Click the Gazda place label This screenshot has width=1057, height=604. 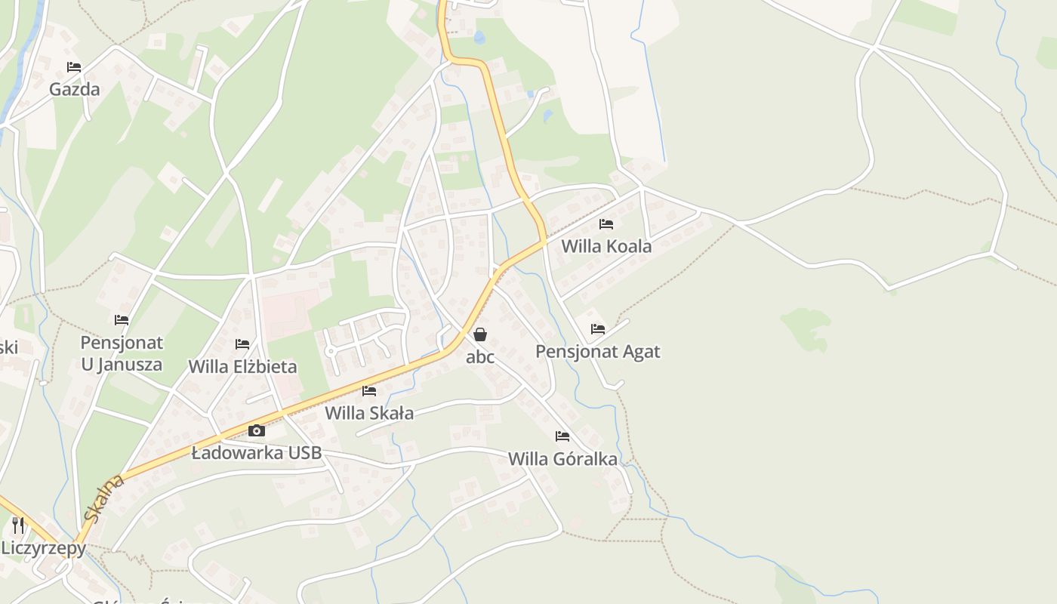74,89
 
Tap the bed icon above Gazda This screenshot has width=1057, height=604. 74,67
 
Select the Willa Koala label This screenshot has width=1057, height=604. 606,246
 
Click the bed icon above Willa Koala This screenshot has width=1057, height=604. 606,224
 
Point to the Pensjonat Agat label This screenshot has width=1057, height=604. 597,351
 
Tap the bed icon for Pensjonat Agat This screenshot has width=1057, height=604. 598,329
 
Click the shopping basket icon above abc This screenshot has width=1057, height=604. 480,334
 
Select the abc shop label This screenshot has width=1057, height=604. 480,357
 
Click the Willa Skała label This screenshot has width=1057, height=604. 369,413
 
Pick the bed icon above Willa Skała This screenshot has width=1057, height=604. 369,391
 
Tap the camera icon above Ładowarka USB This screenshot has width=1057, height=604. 257,431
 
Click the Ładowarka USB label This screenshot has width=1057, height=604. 257,453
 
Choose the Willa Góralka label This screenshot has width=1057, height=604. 562,458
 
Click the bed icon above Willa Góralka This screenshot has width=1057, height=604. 562,436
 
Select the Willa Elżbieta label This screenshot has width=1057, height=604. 242,367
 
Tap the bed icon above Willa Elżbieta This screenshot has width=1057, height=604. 242,344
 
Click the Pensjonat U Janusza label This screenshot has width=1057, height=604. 122,353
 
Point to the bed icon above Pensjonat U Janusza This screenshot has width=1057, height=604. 122,320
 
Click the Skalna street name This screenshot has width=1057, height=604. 103,498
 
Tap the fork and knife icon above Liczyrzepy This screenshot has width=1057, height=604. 18,525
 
